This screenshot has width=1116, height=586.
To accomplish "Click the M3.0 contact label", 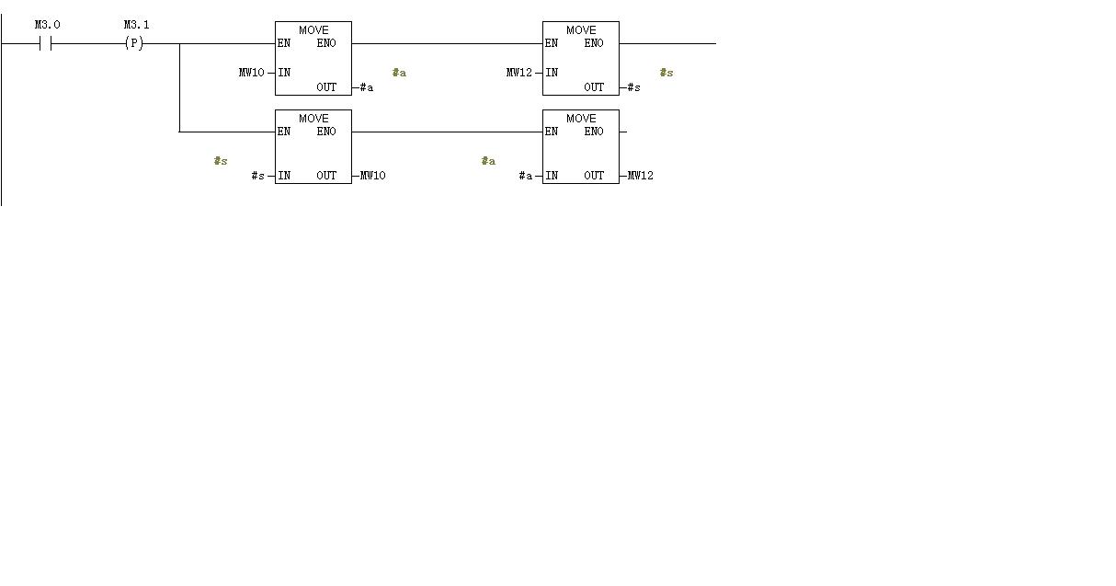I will tap(47, 25).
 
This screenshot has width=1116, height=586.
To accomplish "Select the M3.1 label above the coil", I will tap(136, 25).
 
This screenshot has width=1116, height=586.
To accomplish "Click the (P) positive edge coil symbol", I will tap(134, 43).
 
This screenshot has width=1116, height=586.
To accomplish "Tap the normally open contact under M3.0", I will tap(44, 43).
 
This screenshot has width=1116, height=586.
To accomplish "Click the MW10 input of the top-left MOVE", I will tap(251, 73).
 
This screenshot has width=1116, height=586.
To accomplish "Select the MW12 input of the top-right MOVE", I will tap(518, 73).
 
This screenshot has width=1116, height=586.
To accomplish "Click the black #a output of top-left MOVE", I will tap(366, 87).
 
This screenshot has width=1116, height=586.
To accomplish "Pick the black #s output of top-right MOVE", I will tap(633, 87).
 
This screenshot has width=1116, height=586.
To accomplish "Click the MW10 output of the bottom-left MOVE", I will tap(372, 176).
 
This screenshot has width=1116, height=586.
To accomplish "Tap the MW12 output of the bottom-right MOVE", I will tap(640, 176).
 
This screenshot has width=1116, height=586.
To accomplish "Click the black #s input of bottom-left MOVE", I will tap(257, 176).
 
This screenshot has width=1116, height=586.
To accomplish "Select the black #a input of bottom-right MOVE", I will tap(525, 176).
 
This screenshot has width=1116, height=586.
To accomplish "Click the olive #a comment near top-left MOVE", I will tap(399, 73).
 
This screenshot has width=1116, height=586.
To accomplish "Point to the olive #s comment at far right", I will tap(666, 73).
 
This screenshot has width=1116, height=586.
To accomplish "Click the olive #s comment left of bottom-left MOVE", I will tap(221, 161).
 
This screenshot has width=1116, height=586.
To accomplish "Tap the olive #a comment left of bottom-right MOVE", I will tap(488, 161).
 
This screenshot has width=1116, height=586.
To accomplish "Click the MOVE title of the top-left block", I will tap(313, 30).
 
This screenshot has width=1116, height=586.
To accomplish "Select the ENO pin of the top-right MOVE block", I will tap(594, 43).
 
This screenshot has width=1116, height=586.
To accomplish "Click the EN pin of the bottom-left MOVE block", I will tap(284, 132).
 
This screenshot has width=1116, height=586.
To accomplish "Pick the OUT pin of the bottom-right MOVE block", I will tap(594, 176).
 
